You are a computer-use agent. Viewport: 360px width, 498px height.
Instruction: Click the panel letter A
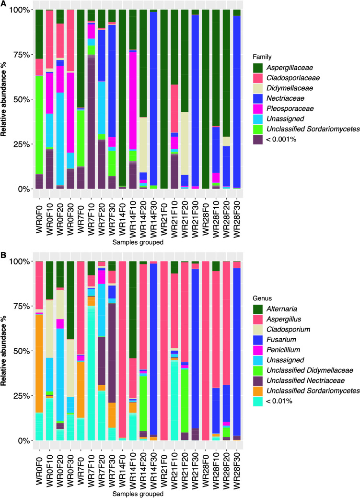(4, 4)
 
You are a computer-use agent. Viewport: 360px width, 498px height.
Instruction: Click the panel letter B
(4, 255)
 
